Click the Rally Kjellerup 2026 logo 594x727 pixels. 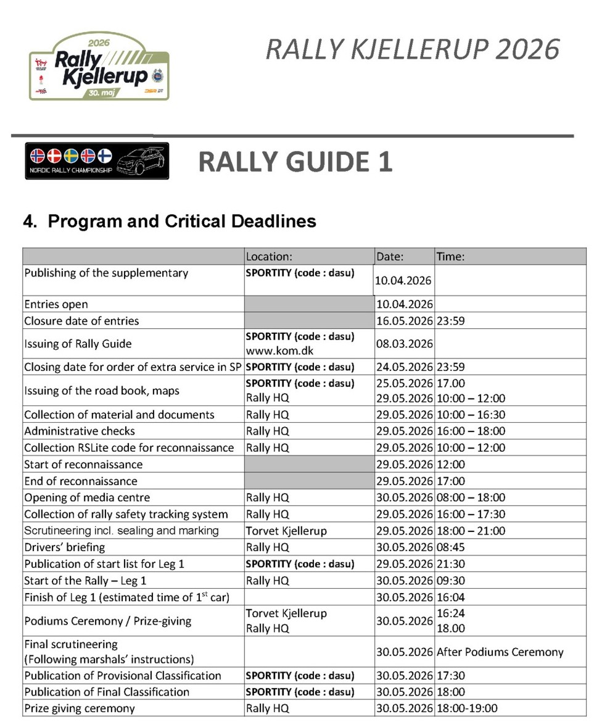99,67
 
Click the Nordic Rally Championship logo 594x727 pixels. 97,161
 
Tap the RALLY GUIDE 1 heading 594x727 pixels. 295,162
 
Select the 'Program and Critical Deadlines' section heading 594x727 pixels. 170,221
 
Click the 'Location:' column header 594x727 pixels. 268,257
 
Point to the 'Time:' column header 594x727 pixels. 450,257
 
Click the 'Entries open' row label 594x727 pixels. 56,304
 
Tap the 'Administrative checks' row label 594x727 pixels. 80,431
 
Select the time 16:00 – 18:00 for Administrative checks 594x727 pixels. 471,431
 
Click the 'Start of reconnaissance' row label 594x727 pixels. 83,464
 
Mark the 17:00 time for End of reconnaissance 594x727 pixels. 451,481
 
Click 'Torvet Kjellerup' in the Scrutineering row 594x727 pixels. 286,531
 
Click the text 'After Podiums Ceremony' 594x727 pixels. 500,652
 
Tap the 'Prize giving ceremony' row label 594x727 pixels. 80,708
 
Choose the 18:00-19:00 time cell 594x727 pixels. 467,708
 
